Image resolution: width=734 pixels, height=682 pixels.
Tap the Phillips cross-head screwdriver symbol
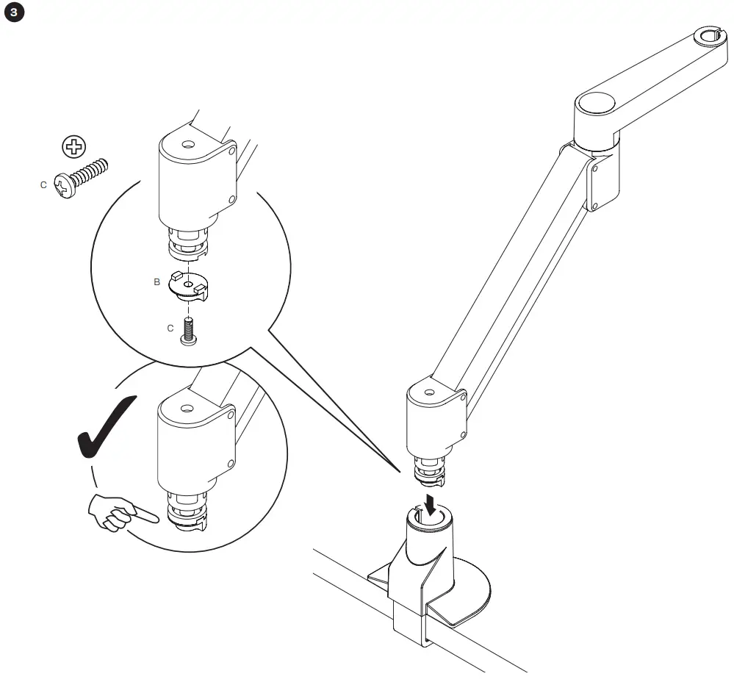(72, 148)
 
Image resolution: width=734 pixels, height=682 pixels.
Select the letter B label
(156, 281)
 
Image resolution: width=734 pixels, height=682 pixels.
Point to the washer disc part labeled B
(190, 285)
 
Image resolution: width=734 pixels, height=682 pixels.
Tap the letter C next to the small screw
(170, 329)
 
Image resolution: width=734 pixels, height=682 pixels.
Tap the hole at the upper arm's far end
(709, 35)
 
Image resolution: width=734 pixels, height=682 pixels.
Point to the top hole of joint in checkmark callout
(187, 407)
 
